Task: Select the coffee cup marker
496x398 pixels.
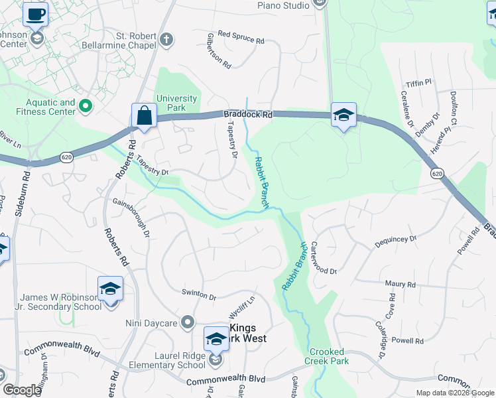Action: (x=35, y=15)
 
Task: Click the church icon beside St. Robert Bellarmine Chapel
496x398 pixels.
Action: (x=166, y=39)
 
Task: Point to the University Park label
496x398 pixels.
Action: (x=177, y=103)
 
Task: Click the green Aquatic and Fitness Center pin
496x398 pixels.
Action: (x=85, y=105)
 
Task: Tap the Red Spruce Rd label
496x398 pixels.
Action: (x=241, y=37)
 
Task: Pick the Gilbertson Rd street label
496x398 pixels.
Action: (x=219, y=50)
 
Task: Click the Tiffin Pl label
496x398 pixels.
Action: (x=418, y=82)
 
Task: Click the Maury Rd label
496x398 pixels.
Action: (x=400, y=285)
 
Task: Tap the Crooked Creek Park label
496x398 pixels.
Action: (x=324, y=356)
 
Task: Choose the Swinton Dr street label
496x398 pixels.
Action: (x=199, y=295)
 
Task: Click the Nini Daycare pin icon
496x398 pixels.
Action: (x=188, y=323)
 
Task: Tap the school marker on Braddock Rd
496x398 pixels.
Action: (x=343, y=115)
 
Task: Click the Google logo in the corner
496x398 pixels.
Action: (x=21, y=390)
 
